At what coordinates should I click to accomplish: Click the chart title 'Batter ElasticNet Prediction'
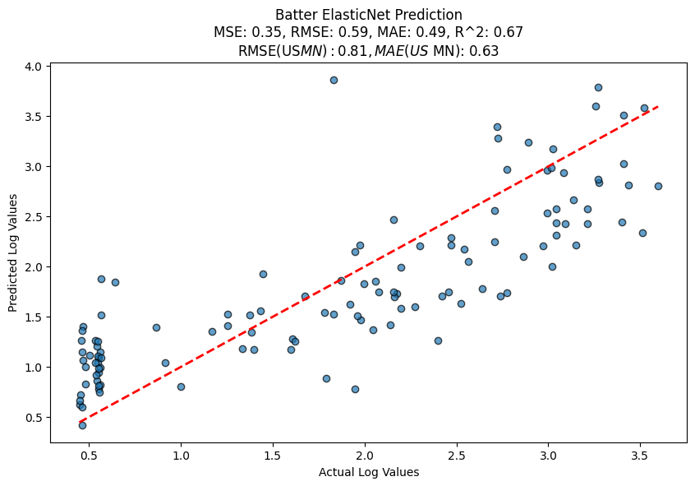coord(368,15)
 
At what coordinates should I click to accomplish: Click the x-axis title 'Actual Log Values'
coord(368,472)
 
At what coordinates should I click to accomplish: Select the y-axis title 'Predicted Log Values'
coord(13,253)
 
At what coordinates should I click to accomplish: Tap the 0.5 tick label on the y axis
coord(34,418)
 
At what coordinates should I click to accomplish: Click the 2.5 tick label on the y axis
coord(34,217)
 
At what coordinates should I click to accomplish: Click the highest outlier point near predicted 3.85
coord(334,80)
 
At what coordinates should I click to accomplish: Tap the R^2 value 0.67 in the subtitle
coord(509,32)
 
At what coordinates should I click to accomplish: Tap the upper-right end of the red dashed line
coord(658,106)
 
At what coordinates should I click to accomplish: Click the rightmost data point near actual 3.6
coord(658,186)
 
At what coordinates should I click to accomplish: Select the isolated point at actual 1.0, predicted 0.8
coord(181,386)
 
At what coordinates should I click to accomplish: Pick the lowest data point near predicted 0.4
coord(82,425)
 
